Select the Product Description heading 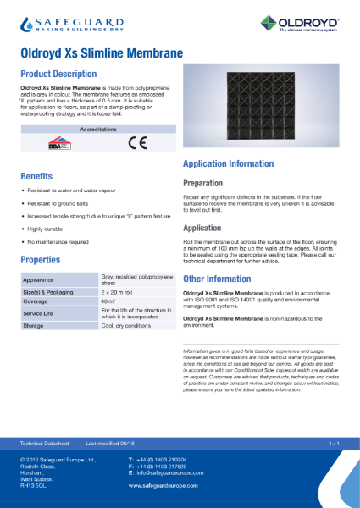pyautogui.click(x=58, y=74)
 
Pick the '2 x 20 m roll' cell pyautogui.click(x=119, y=291)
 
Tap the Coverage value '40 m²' pyautogui.click(x=108, y=301)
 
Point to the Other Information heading pyautogui.click(x=217, y=279)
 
